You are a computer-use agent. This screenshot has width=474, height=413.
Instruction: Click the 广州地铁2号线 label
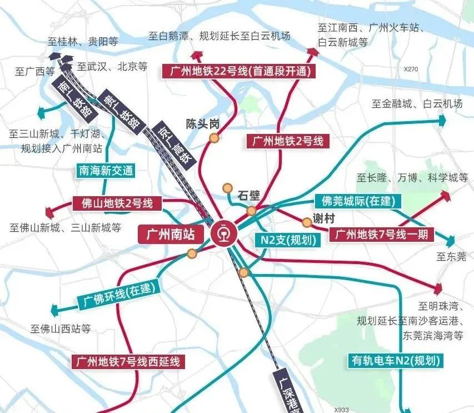[x=287, y=141]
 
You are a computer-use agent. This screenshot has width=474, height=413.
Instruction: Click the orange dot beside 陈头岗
[x=213, y=138]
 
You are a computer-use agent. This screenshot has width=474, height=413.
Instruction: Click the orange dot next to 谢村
[x=307, y=222]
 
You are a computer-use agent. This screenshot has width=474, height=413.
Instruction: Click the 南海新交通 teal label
[x=106, y=171]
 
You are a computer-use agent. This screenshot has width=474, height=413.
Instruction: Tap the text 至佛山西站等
[x=61, y=328]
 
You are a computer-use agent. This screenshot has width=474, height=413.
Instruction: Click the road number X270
[x=411, y=69]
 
